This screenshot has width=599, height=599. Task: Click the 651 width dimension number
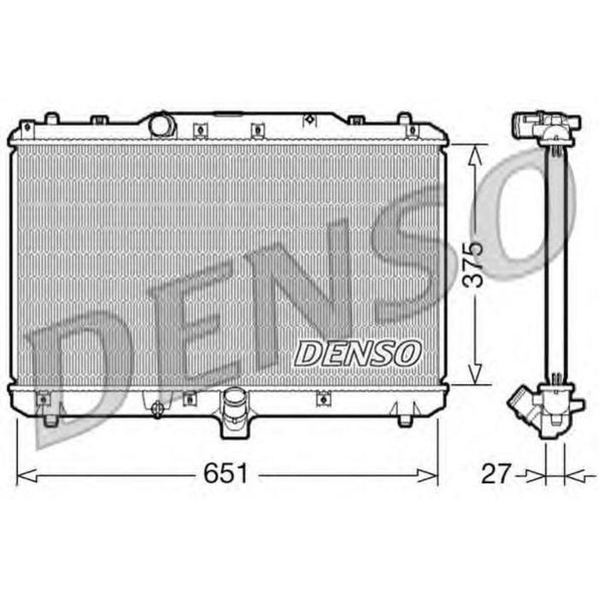pos(224,472)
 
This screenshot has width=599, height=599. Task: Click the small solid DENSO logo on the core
pos(358,352)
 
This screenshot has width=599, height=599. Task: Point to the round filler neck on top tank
pos(161,125)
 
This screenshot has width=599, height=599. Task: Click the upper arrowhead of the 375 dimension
pos(477,151)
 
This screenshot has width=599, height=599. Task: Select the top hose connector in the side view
pos(535,129)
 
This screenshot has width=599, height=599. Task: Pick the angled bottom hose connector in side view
pos(524,405)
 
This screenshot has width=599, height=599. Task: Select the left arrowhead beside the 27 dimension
pos(537,472)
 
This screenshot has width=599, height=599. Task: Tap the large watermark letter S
pos(411,248)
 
